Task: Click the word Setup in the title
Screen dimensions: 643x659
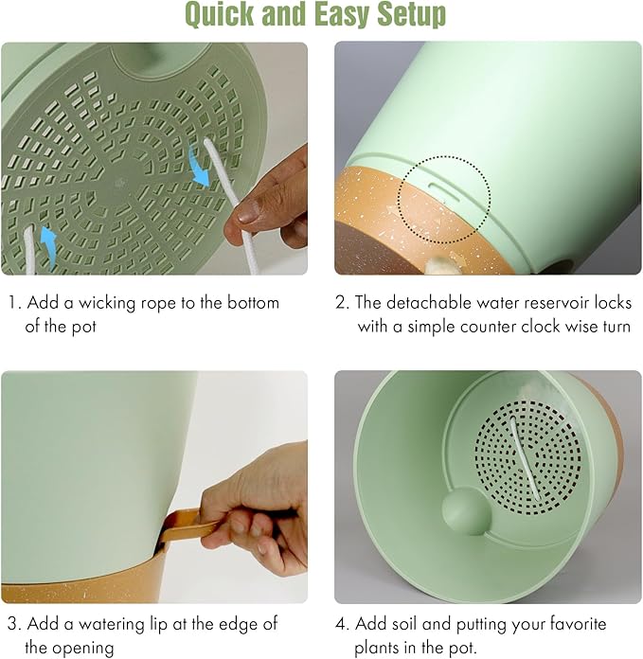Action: pos(411,15)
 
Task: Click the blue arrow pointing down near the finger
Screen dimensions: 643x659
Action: pos(199,167)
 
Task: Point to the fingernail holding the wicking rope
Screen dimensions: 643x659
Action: pos(248,211)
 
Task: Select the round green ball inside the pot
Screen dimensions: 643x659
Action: pos(466,510)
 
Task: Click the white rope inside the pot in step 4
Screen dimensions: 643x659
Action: pos(525,459)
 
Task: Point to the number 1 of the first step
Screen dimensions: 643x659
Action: pos(12,303)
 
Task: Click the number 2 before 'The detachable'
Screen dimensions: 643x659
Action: pos(341,303)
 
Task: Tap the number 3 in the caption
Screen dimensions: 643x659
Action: pos(13,624)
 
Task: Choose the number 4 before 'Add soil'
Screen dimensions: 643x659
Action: pos(341,624)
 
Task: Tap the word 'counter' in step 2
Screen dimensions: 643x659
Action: pos(462,327)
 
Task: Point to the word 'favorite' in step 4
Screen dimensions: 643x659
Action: pos(576,624)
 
